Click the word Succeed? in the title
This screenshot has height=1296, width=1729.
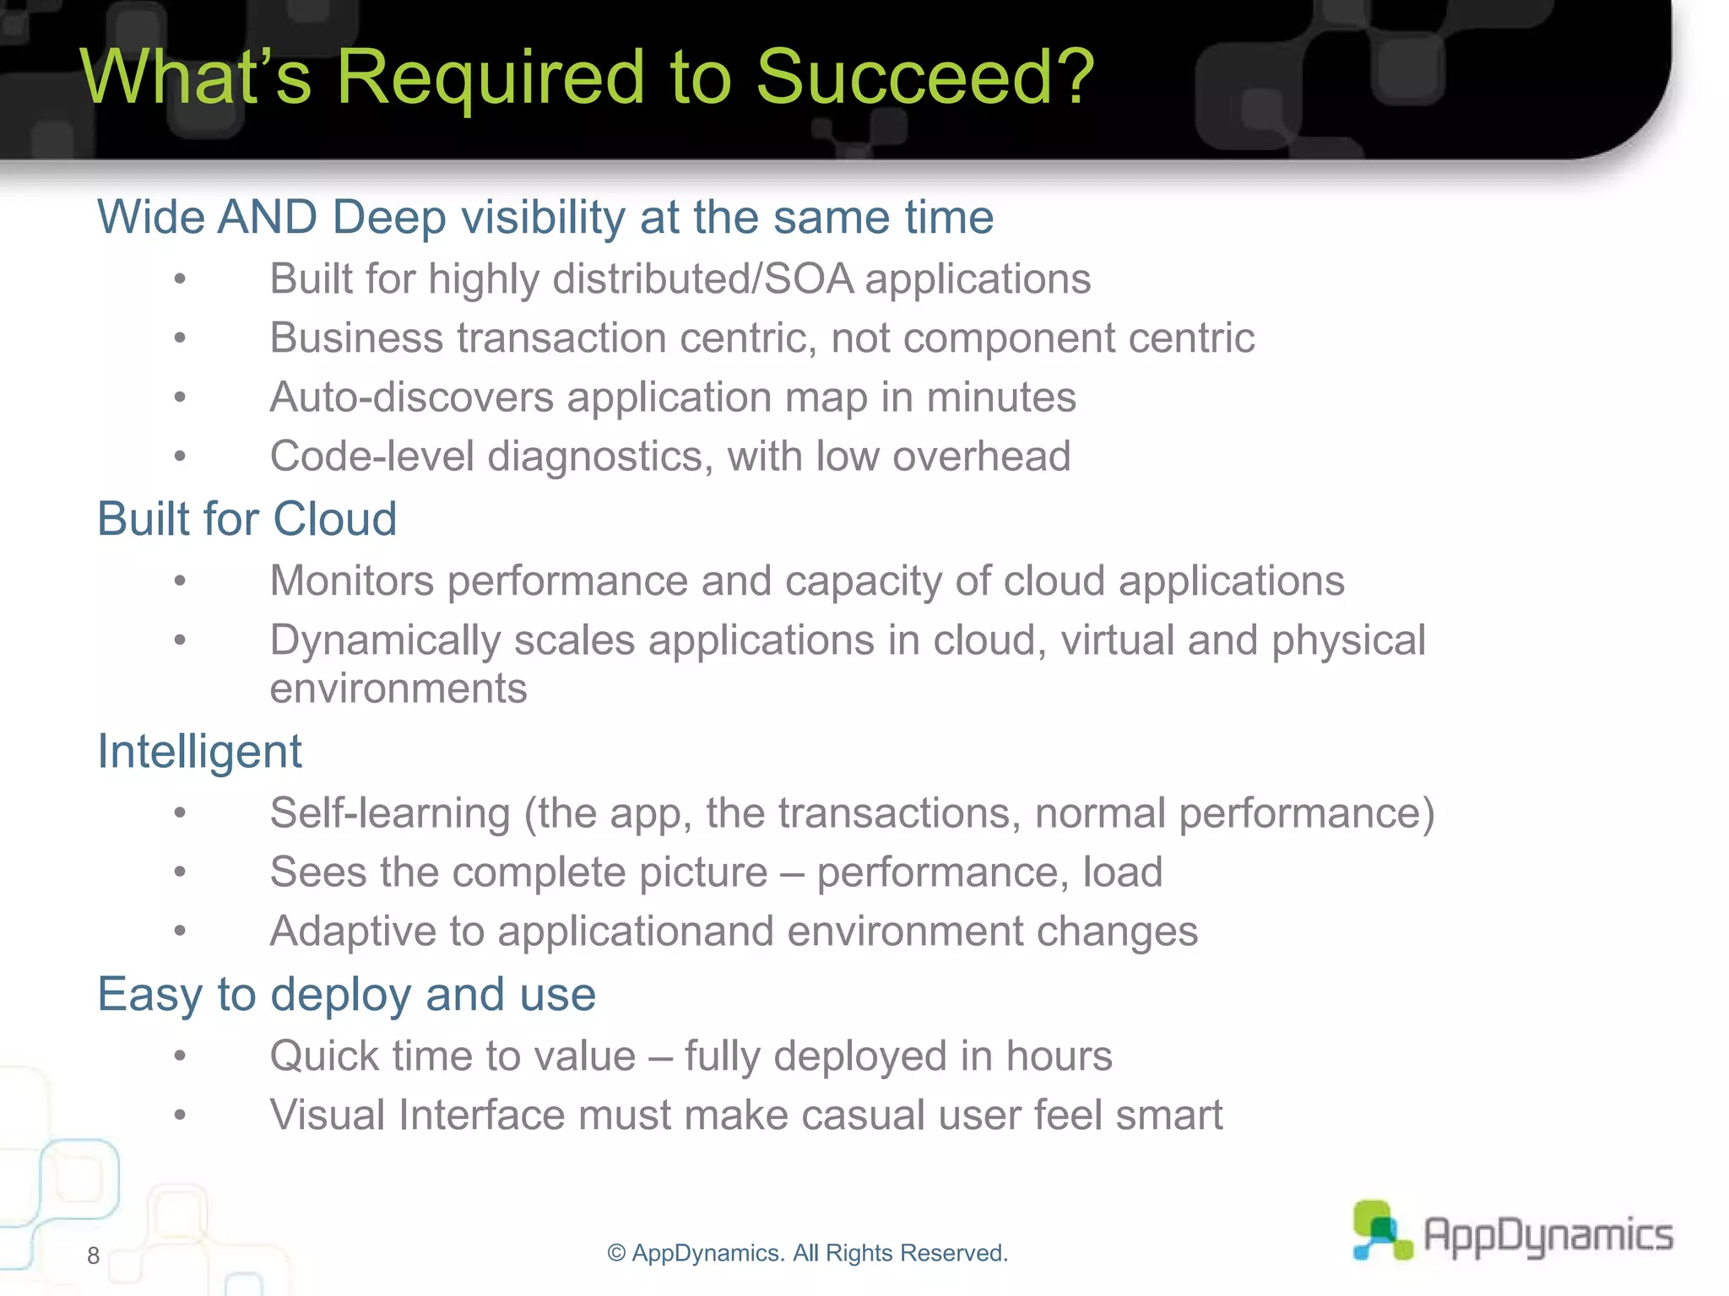pos(924,78)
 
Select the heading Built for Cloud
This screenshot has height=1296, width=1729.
pos(247,518)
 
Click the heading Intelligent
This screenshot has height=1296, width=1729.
pos(199,751)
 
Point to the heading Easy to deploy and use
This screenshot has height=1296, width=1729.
pos(346,994)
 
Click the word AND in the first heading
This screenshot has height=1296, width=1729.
pos(267,218)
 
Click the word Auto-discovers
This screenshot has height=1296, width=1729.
pos(411,397)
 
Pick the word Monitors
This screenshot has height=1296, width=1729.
pos(352,581)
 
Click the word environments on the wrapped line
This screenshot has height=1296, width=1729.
pos(398,688)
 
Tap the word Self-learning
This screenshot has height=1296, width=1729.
pos(389,813)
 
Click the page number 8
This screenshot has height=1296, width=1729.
pos(93,1255)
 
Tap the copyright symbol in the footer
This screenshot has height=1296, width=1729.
pos(616,1254)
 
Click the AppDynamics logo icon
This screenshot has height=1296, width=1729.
pos(1381,1230)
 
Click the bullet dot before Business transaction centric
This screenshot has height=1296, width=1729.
pos(180,338)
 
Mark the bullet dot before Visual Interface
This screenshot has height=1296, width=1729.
pos(180,1115)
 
